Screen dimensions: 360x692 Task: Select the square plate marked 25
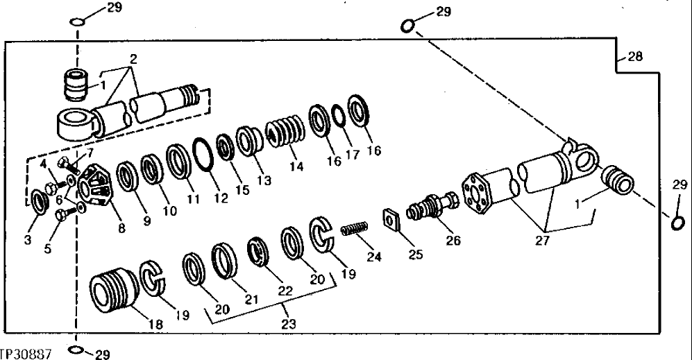tap(393, 218)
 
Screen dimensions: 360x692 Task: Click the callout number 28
tap(634, 58)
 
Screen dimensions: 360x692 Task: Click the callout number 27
tap(546, 242)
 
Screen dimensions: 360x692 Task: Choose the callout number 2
tap(134, 60)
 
